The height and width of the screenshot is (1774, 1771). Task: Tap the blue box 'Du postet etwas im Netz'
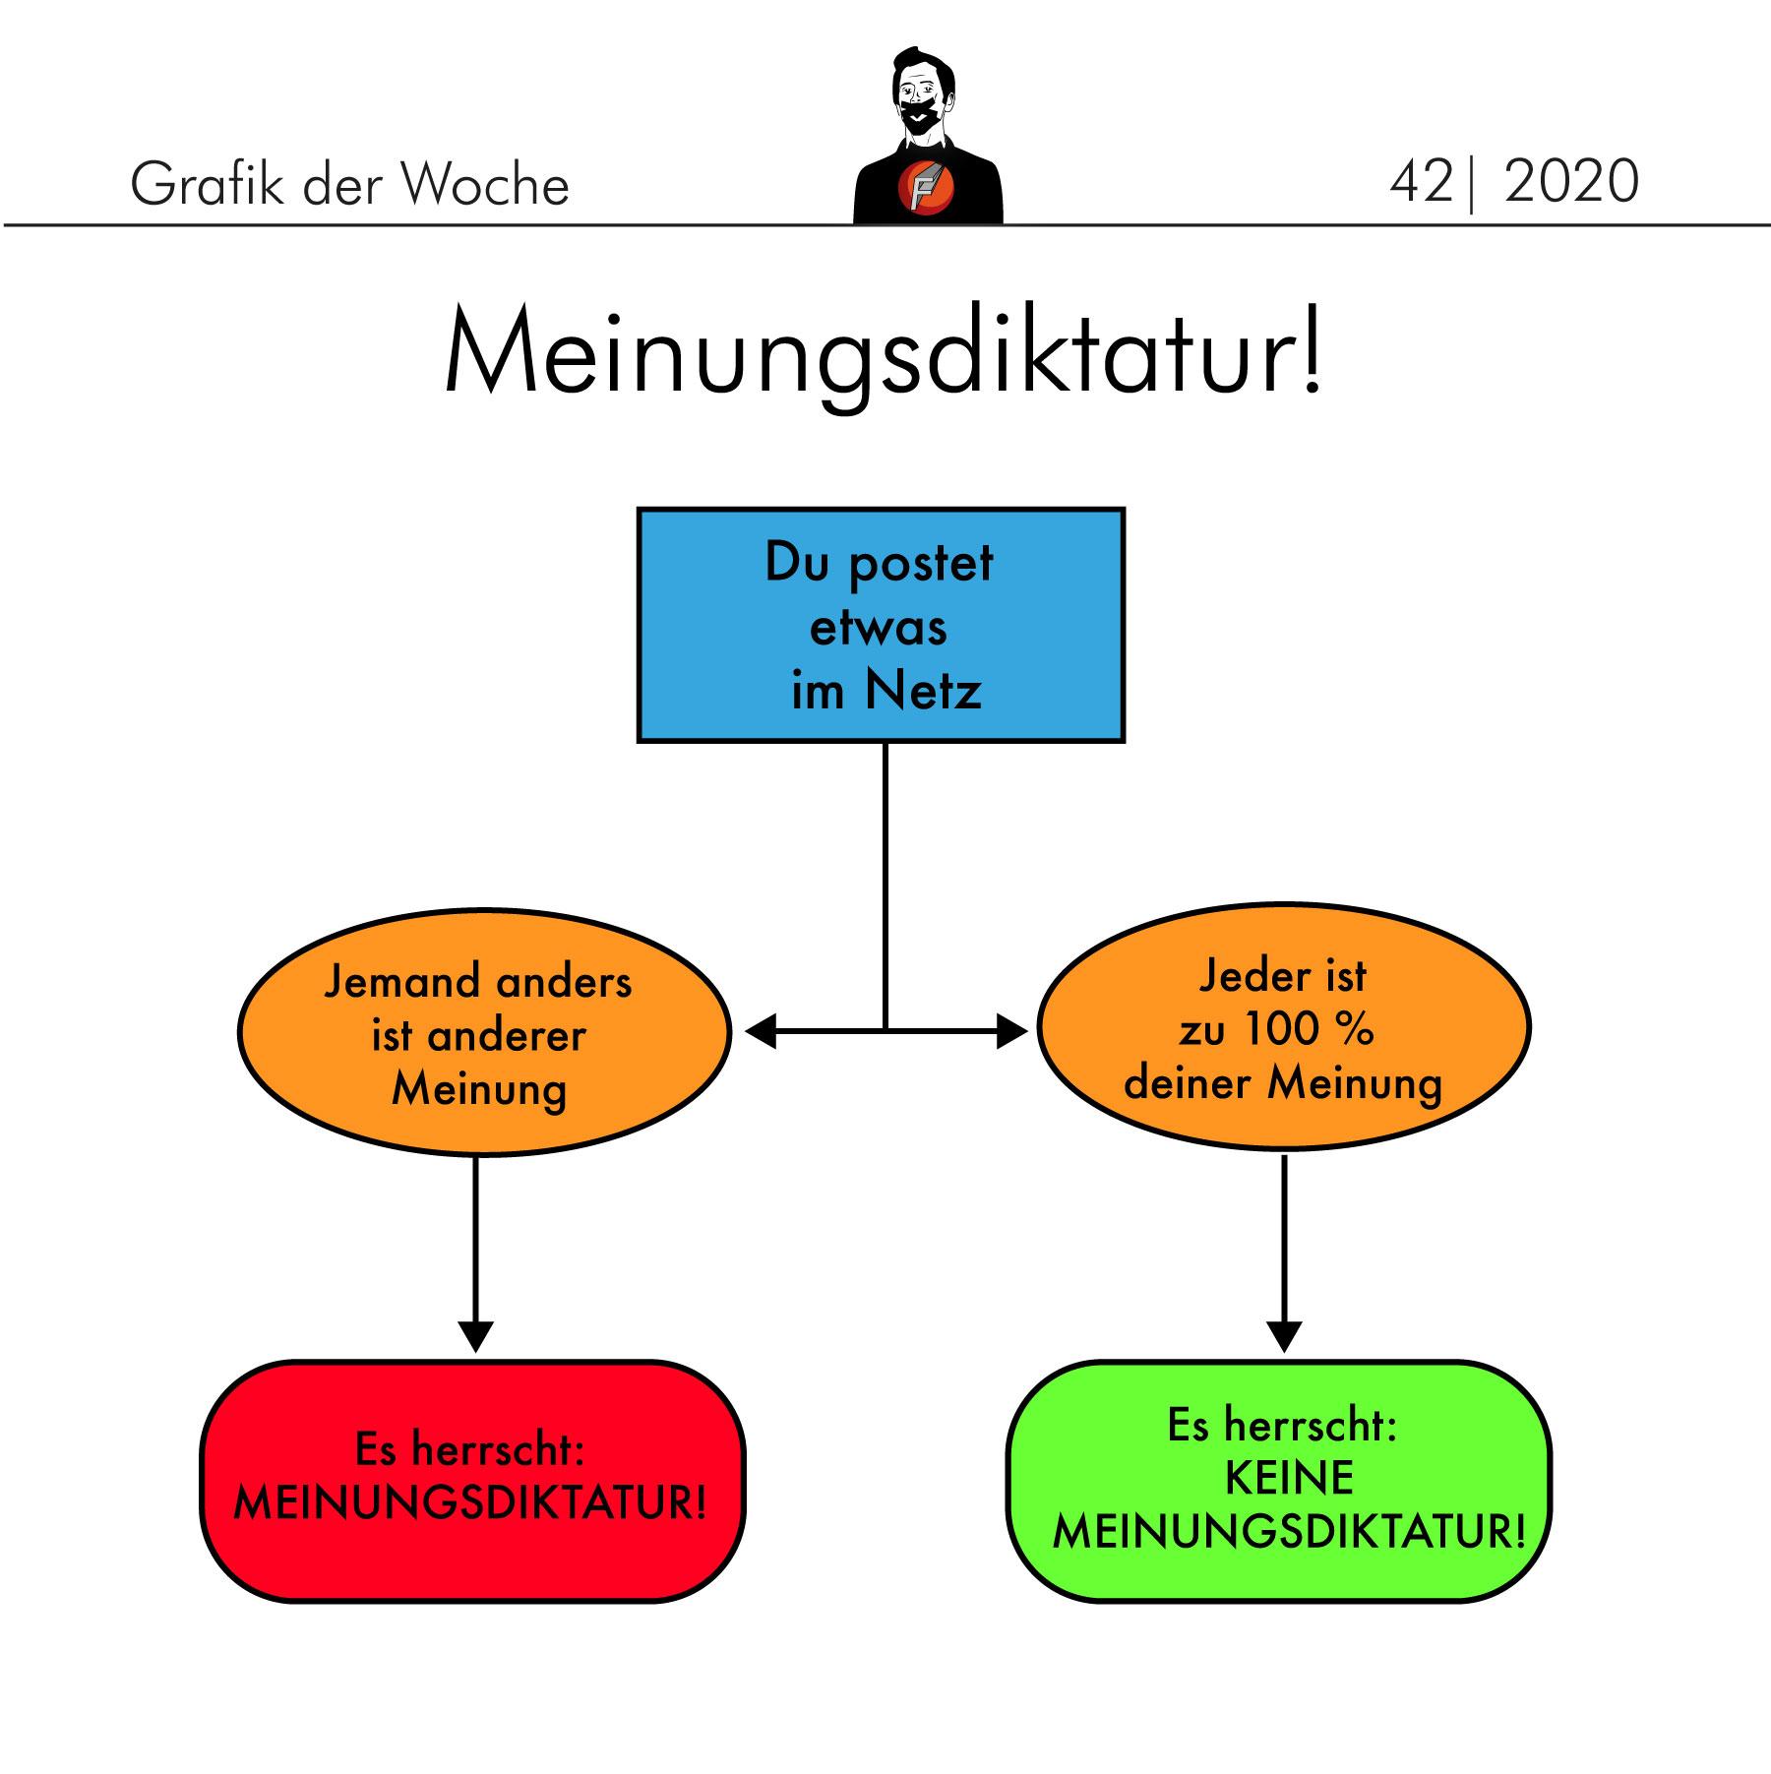[881, 625]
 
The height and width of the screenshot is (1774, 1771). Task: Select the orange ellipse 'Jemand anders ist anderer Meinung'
[484, 1031]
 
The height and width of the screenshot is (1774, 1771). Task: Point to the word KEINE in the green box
[1289, 1479]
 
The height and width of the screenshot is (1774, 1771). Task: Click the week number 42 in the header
[1421, 182]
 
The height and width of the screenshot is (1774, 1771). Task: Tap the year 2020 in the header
[1571, 182]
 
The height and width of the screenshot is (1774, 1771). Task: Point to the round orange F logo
[925, 187]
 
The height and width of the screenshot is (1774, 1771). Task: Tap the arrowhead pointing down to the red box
[475, 1336]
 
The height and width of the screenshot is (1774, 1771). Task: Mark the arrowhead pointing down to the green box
[1285, 1336]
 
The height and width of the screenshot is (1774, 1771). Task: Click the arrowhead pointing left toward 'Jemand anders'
[761, 1031]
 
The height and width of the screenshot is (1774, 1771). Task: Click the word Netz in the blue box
[923, 691]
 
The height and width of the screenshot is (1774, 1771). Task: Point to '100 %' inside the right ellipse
[1308, 1030]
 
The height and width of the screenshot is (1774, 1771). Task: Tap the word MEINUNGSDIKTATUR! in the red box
[471, 1504]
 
